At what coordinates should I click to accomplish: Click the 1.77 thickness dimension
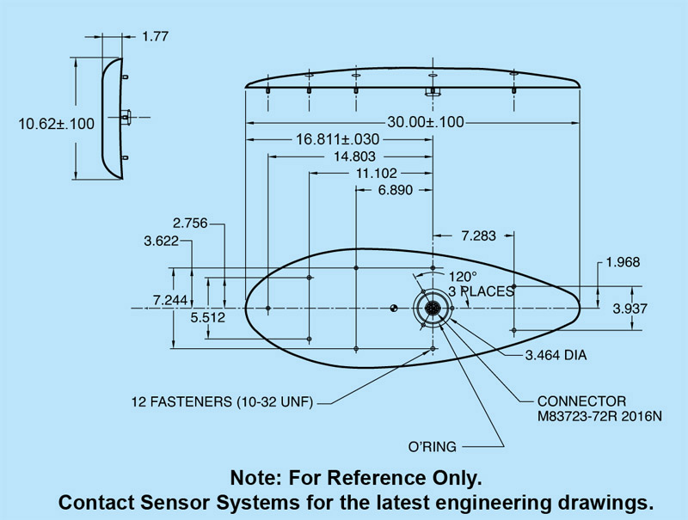tap(156, 36)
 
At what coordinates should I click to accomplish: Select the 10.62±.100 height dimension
tap(57, 124)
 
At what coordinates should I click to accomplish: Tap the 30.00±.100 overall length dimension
tap(414, 122)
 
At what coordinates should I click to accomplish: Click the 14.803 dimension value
tap(350, 156)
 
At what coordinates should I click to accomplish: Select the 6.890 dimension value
tap(396, 189)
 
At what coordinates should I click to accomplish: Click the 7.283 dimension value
tap(478, 236)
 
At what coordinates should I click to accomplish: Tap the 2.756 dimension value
tap(190, 223)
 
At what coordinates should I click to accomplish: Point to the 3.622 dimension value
tap(162, 242)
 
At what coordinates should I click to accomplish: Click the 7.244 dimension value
tap(170, 300)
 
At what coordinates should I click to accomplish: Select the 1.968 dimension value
tap(623, 262)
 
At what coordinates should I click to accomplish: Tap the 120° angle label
tap(462, 277)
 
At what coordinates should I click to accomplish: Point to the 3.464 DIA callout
tap(556, 354)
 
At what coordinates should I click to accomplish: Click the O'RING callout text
tap(433, 447)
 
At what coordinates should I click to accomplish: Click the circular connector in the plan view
tap(433, 308)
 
